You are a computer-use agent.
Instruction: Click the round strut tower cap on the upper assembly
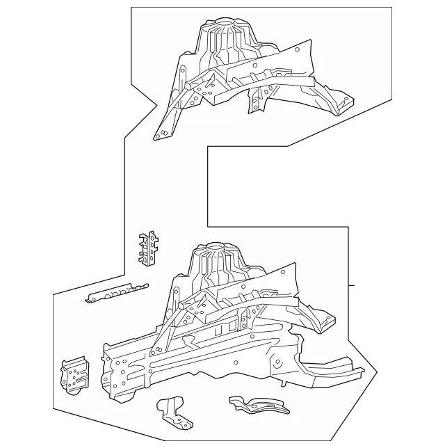[224, 24]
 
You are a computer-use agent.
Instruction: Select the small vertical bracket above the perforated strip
[147, 249]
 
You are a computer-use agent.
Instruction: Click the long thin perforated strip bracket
[116, 292]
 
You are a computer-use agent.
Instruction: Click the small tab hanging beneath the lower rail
[284, 379]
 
